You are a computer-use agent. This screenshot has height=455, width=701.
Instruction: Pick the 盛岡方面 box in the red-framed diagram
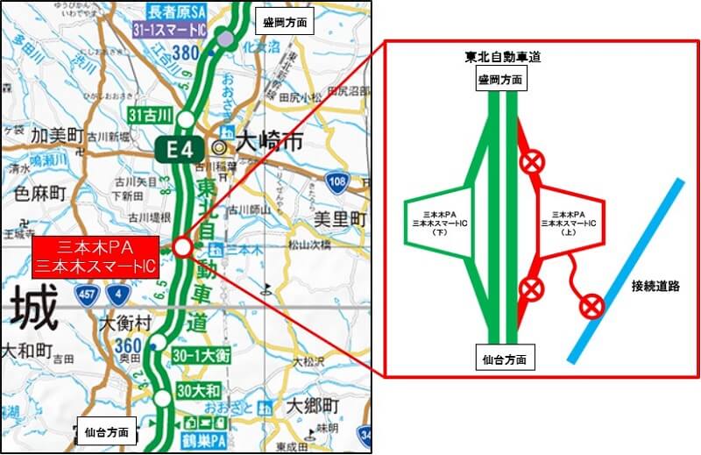pos(501,80)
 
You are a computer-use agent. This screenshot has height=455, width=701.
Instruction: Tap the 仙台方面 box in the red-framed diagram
pos(502,359)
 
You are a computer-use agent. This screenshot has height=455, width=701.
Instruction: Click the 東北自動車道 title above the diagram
pos(502,57)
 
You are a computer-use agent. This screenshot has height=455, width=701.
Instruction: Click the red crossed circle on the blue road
pos(593,306)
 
